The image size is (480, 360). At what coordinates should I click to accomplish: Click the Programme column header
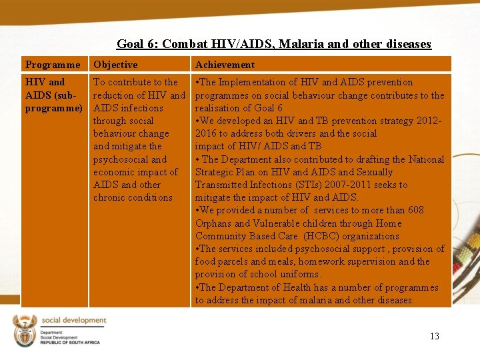pyautogui.click(x=52, y=65)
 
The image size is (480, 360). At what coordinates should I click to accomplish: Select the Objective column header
pyautogui.click(x=115, y=65)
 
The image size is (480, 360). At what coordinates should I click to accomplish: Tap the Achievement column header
pyautogui.click(x=225, y=65)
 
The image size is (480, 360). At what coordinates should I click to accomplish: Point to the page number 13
pyautogui.click(x=434, y=336)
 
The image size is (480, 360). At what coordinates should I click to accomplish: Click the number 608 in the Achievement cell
pyautogui.click(x=415, y=210)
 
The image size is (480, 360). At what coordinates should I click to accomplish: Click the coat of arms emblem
pyautogui.click(x=25, y=331)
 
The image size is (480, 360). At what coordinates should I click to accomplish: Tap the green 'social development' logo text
pyautogui.click(x=73, y=321)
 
